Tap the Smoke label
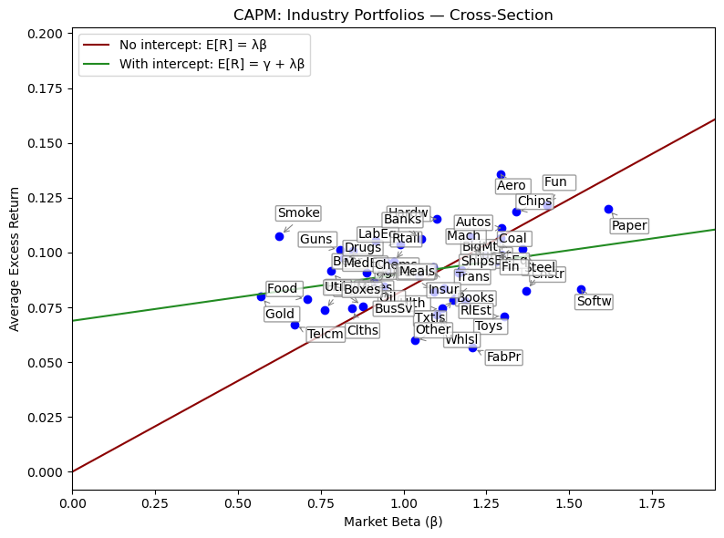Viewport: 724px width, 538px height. pos(298,213)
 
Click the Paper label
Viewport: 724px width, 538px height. pos(629,225)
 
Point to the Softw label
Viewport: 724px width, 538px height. pos(595,301)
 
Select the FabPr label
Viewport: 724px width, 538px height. pos(503,357)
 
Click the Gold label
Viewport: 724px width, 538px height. pos(280,315)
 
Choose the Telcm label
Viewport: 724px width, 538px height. pos(326,335)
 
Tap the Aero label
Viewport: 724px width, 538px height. pos(512,186)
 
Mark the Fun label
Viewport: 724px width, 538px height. pos(555,182)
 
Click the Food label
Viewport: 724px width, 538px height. pos(283,289)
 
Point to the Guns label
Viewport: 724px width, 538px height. pos(316,240)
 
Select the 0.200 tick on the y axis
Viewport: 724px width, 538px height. pos(44,33)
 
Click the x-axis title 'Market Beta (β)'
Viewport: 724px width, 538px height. pos(393,522)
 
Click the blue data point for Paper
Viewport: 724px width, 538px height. pos(608,209)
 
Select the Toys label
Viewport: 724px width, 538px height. pos(489,326)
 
